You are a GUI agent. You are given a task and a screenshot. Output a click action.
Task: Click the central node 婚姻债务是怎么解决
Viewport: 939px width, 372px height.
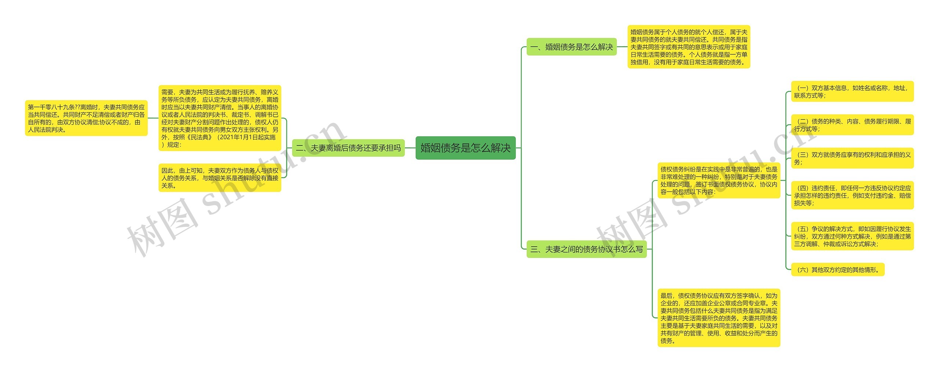pos(465,148)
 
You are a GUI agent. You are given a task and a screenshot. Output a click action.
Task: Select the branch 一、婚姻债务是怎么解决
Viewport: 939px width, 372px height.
pos(571,47)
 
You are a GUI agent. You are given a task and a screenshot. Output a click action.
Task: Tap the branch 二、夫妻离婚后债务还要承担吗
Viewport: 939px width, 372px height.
pos(348,148)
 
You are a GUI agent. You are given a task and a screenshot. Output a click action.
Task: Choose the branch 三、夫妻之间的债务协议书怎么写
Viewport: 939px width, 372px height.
pos(586,249)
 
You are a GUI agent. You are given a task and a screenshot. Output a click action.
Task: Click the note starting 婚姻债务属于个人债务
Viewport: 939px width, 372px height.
pos(688,47)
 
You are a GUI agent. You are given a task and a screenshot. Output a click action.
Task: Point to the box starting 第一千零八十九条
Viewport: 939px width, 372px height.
pos(86,118)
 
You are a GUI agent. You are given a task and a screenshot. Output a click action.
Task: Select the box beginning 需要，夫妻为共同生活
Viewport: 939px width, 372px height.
pos(220,118)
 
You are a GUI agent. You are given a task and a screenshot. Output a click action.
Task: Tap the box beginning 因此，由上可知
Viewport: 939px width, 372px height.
pos(220,178)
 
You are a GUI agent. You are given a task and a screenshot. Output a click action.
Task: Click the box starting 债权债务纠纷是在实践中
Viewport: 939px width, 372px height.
pos(719,180)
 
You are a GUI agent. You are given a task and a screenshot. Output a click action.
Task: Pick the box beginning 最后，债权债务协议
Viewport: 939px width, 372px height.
pos(719,318)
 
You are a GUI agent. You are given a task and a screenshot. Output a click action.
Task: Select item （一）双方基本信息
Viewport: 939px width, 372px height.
pos(852,92)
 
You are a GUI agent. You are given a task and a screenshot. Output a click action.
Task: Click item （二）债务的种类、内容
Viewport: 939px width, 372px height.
pos(852,125)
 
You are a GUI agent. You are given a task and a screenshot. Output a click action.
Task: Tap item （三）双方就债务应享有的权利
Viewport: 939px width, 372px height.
pos(852,158)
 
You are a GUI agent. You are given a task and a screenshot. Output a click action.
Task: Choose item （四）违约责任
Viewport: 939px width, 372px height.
pos(852,195)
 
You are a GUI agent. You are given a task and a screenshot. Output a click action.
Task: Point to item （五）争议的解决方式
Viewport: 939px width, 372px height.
pos(852,236)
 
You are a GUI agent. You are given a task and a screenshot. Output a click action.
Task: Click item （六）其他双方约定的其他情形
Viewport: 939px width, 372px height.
pos(837,270)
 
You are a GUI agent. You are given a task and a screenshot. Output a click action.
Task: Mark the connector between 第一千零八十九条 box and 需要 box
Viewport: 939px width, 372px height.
pos(153,118)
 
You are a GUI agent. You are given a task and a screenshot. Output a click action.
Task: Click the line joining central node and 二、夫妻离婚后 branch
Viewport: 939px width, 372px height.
pos(410,148)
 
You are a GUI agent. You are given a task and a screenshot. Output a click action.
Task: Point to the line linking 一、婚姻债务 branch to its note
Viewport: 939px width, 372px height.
pos(622,47)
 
